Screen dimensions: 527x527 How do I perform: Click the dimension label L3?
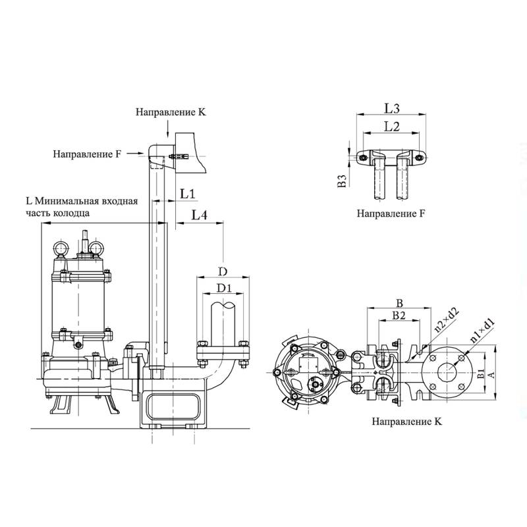pyautogui.click(x=392, y=107)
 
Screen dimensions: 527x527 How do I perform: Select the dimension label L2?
pyautogui.click(x=392, y=126)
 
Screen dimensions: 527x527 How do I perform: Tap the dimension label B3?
pyautogui.click(x=341, y=182)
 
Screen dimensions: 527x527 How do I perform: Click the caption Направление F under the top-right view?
pyautogui.click(x=391, y=214)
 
